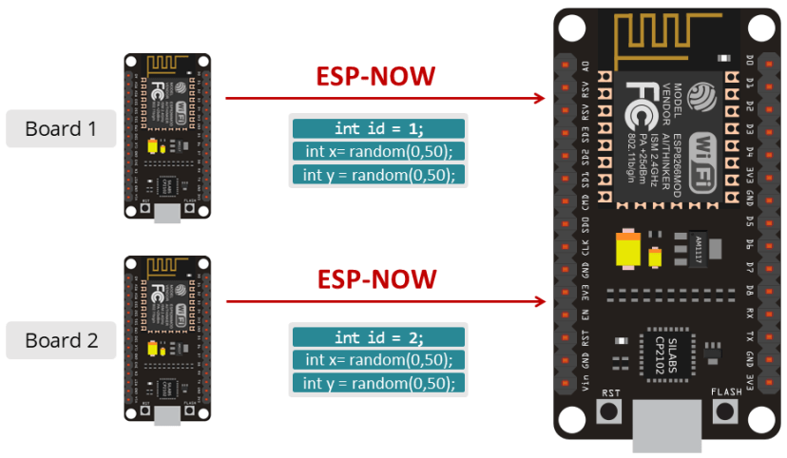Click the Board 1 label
pyautogui.click(x=61, y=129)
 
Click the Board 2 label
pyautogui.click(x=61, y=340)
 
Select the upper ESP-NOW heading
pyautogui.click(x=377, y=76)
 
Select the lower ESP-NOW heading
pyautogui.click(x=377, y=278)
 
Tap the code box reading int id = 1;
pyautogui.click(x=378, y=128)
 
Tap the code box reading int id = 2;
pyautogui.click(x=378, y=337)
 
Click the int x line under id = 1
pyautogui.click(x=378, y=151)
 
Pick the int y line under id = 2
pyautogui.click(x=378, y=383)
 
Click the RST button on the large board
pyautogui.click(x=608, y=412)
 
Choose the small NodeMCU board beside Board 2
pyautogui.click(x=166, y=337)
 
